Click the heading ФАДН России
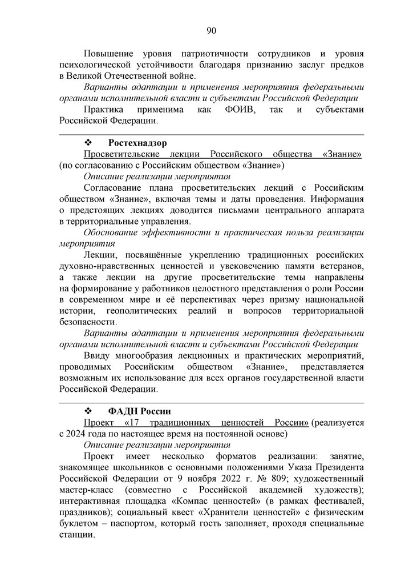tap(139, 411)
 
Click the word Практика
tap(106, 109)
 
